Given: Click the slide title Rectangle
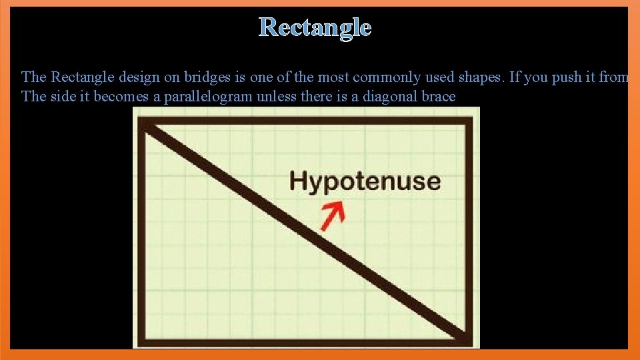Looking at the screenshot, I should click(315, 27).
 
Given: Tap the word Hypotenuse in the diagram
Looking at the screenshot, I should click(365, 181).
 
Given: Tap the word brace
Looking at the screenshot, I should click(438, 97).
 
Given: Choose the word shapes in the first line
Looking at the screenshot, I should click(481, 77).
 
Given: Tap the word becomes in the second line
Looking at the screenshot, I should click(119, 97).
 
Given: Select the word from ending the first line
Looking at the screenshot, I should click(613, 77).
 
